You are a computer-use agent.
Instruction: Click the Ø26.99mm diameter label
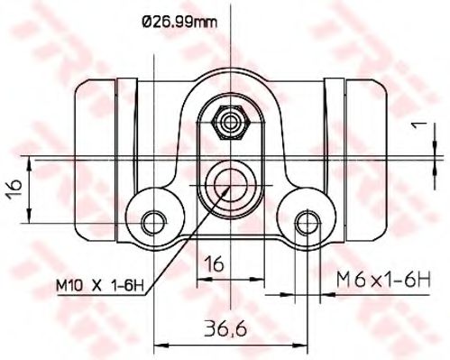[x=179, y=23]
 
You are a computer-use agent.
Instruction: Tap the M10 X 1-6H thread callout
[x=100, y=285]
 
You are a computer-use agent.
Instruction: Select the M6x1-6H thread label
[x=383, y=279]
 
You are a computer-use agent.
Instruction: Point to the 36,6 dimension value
[x=225, y=328]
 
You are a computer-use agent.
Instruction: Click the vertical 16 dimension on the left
[x=14, y=189]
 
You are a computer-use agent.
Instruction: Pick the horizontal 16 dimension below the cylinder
[x=214, y=263]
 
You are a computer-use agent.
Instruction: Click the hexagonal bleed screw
[x=231, y=123]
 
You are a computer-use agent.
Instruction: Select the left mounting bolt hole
[x=154, y=223]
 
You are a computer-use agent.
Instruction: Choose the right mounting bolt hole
[x=308, y=223]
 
